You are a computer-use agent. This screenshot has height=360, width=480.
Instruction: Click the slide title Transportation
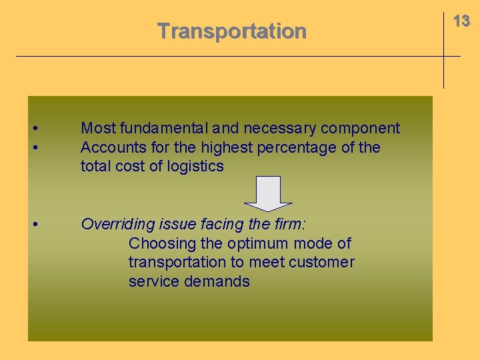point(231,31)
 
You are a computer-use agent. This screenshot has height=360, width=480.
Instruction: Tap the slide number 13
point(461,21)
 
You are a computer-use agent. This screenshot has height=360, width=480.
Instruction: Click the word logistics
point(193,167)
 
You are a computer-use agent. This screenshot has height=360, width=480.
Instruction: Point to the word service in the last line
point(151,282)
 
